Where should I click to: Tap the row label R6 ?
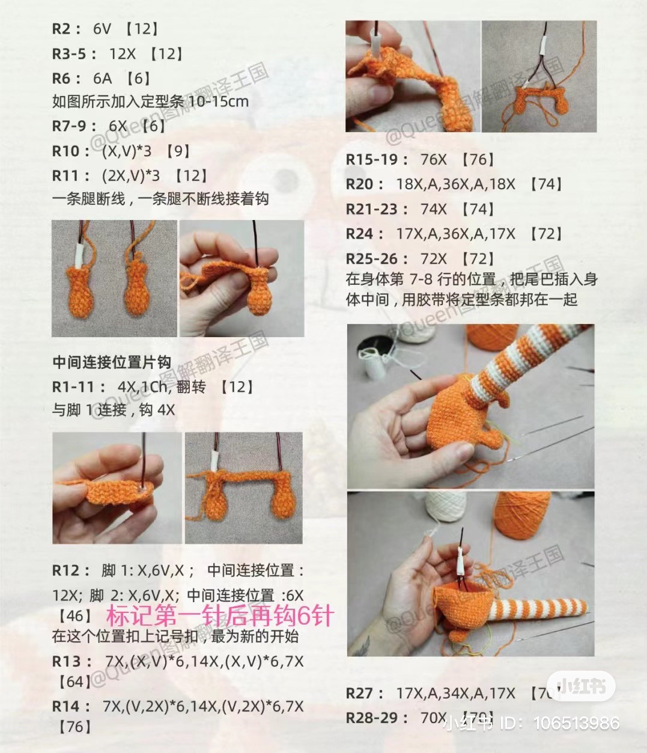tap(66, 78)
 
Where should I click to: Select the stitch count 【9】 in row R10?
tap(178, 151)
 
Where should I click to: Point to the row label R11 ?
tap(71, 175)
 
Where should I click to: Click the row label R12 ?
tap(71, 570)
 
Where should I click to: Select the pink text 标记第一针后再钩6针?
tap(220, 616)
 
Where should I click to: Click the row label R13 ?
tap(71, 661)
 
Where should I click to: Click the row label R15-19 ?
tap(377, 159)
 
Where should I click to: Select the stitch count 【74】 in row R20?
tap(546, 184)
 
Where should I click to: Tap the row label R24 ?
tap(365, 233)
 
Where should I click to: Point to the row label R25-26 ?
tap(377, 258)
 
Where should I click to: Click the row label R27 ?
tap(365, 693)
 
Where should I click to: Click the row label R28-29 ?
tap(377, 718)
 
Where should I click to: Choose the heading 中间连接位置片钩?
tap(112, 362)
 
